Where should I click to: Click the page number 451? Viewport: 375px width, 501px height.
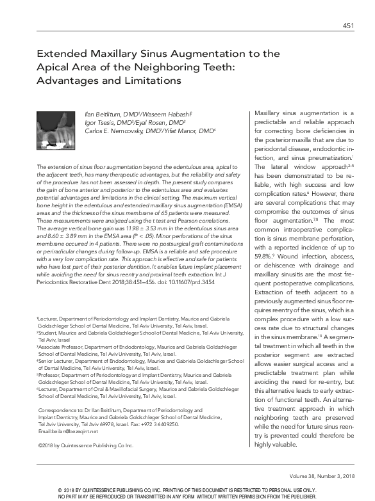(x=348, y=26)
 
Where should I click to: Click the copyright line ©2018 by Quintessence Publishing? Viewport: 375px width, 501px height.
(x=81, y=444)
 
